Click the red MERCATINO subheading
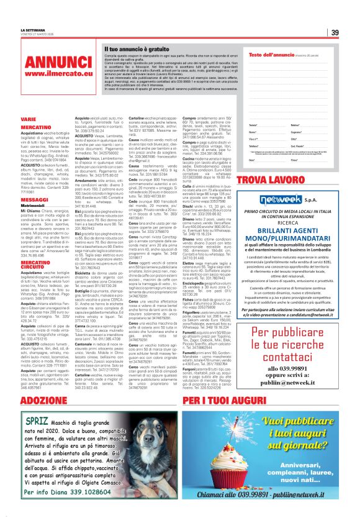click(35, 126)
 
